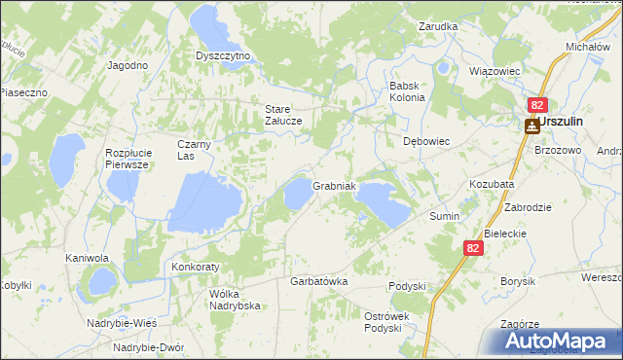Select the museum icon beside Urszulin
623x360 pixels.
point(531,126)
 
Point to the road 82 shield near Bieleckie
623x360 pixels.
point(472,249)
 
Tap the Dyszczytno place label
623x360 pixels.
point(223,56)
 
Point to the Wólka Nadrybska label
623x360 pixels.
point(235,299)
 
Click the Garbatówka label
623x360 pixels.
point(319,281)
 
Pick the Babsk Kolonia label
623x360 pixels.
point(407,91)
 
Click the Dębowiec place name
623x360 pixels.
point(426,141)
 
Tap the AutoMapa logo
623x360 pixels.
point(559,341)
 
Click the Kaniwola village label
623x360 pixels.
point(87,259)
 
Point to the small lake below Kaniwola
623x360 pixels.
point(99,283)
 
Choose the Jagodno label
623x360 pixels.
point(128,65)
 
